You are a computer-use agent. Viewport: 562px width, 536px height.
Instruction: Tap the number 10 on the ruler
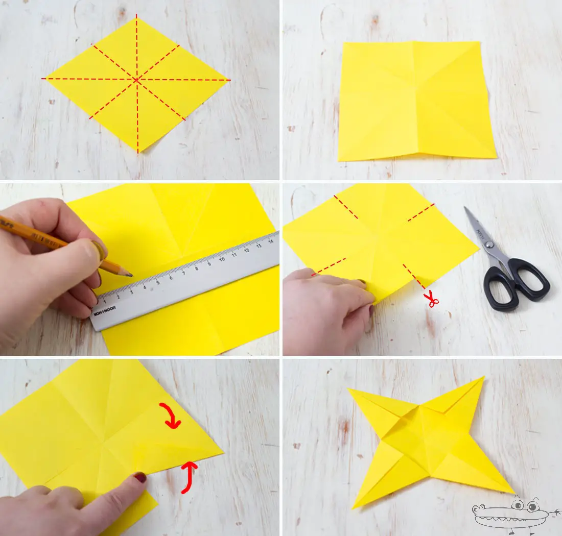pyautogui.click(x=222, y=259)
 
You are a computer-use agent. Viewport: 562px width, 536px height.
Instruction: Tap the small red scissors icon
pyautogui.click(x=433, y=299)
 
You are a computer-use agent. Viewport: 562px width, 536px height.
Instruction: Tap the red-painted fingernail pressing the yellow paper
pyautogui.click(x=139, y=478)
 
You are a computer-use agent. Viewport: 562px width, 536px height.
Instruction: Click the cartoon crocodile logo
pyautogui.click(x=513, y=513)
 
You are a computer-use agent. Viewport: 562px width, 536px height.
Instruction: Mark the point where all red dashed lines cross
pyautogui.click(x=137, y=80)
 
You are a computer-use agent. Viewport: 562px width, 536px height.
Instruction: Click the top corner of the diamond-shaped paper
pyautogui.click(x=137, y=16)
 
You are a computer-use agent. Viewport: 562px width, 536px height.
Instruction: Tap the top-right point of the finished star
pyautogui.click(x=483, y=378)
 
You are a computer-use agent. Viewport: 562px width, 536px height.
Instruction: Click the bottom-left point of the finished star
pyautogui.click(x=354, y=507)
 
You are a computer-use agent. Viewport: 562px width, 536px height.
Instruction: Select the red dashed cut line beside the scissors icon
pyautogui.click(x=414, y=276)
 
